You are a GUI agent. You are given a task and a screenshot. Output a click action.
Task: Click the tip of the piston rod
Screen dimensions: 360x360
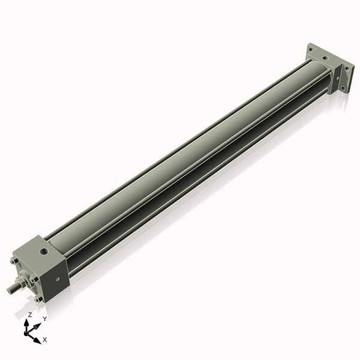click(9, 290)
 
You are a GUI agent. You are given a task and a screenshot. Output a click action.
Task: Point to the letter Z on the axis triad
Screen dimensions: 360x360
click(30, 315)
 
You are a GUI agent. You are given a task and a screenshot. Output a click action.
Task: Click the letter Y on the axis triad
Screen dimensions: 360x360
click(44, 319)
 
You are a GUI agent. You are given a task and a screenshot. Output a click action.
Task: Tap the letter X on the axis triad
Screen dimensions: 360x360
click(45, 340)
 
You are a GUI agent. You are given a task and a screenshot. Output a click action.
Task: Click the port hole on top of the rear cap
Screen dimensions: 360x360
click(325, 58)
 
